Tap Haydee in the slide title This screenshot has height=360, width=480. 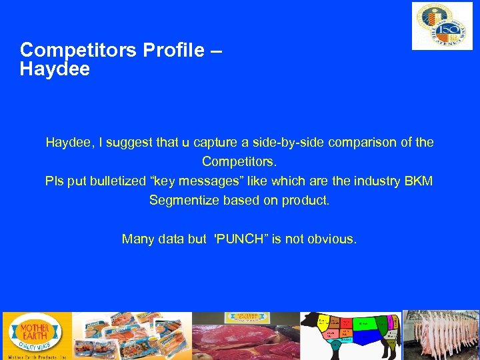pyautogui.click(x=55, y=69)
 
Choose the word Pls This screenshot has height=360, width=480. pyautogui.click(x=54, y=181)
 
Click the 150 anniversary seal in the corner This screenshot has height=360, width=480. pyautogui.click(x=442, y=26)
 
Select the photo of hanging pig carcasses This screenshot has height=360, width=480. pyautogui.click(x=441, y=335)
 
